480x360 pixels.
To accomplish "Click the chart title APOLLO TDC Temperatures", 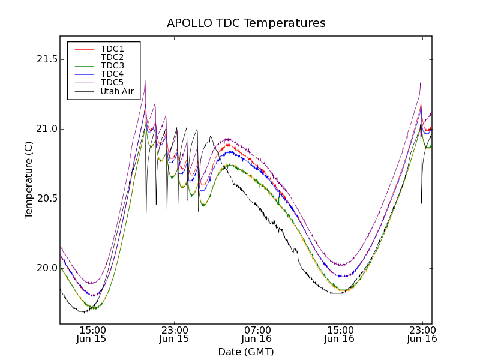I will point(246,23).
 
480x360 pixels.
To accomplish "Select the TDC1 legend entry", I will point(112,49).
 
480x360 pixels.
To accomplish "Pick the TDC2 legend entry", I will point(112,57).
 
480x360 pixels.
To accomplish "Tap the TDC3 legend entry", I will point(112,65).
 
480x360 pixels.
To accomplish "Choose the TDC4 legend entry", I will point(112,74).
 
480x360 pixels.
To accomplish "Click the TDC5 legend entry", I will point(112,82).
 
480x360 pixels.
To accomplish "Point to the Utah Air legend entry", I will point(117,91).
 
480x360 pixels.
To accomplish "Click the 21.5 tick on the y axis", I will point(46,59).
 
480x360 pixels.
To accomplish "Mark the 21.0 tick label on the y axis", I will point(46,129).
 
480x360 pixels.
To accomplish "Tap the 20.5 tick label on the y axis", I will point(46,199).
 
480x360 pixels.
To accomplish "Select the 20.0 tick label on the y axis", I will point(46,268).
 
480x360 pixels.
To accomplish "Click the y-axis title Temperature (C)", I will point(29,180).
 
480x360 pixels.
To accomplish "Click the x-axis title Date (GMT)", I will point(246,352).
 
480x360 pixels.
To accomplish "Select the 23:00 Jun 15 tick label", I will point(174,334).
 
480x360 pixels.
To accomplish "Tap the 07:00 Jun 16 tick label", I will point(257,334).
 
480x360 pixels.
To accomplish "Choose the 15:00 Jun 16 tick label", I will point(340,334).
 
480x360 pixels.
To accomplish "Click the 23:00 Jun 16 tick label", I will point(422,334).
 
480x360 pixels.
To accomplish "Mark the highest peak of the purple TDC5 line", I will point(145,80).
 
